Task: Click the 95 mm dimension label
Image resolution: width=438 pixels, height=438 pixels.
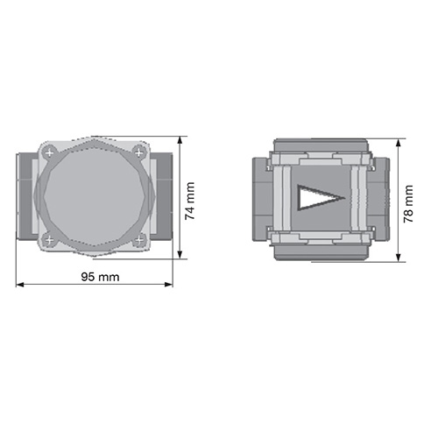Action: tap(100, 277)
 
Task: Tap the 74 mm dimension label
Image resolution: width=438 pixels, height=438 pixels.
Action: tap(190, 201)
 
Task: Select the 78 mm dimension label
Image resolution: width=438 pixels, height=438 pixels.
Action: tap(408, 204)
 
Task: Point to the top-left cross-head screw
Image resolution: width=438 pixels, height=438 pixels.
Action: tap(49, 152)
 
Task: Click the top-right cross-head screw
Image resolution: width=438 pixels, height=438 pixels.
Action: tap(139, 152)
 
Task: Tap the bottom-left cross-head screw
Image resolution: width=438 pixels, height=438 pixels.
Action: tap(49, 240)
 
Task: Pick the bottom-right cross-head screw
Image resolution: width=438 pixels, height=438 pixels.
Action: tap(139, 240)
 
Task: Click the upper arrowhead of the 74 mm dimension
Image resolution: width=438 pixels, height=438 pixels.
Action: tap(180, 140)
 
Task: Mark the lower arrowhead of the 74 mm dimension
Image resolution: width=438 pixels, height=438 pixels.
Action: tap(180, 254)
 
